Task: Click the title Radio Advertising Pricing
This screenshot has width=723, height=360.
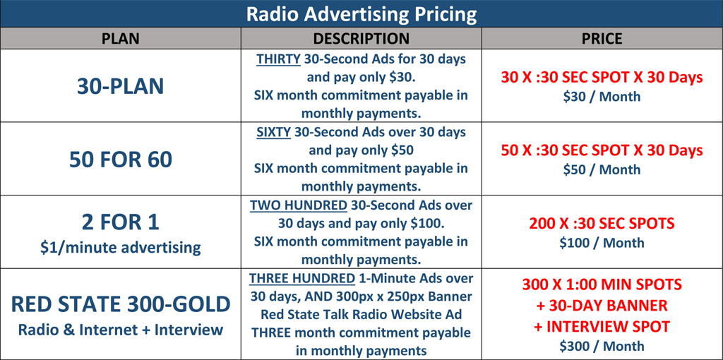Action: click(361, 14)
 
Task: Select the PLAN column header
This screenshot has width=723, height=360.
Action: click(120, 39)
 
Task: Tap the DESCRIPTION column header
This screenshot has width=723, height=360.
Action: click(361, 39)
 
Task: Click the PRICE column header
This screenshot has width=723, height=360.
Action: click(602, 39)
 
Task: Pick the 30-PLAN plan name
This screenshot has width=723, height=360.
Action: click(120, 86)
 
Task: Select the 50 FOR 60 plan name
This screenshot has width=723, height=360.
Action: click(120, 160)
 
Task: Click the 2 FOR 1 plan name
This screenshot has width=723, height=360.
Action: click(120, 222)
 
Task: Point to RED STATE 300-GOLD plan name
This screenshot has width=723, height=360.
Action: click(120, 305)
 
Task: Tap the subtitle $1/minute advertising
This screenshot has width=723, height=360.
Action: click(120, 248)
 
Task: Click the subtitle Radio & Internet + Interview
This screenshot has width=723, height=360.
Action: click(120, 330)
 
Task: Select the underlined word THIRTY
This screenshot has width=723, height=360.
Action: click(279, 59)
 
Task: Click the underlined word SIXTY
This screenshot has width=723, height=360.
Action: click(273, 132)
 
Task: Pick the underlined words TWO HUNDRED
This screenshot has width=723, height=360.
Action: click(299, 205)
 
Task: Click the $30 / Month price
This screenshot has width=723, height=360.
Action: click(602, 96)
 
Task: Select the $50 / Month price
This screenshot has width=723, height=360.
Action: click(602, 169)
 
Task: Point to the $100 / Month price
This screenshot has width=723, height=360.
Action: click(602, 242)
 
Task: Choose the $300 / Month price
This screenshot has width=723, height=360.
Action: click(602, 346)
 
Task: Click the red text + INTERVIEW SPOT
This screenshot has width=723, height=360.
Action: click(602, 326)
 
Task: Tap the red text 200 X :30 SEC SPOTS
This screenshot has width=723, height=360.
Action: click(602, 224)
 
